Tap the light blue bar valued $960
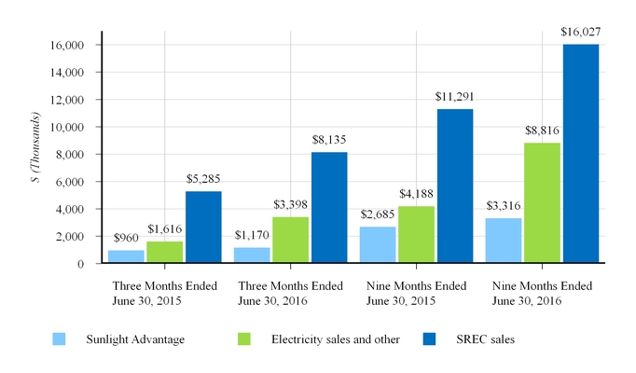point(126,256)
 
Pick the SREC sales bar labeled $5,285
point(202,228)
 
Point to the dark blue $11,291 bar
point(454,186)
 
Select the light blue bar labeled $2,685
point(378,244)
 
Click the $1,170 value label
point(252,237)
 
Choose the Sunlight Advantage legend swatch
point(59,339)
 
